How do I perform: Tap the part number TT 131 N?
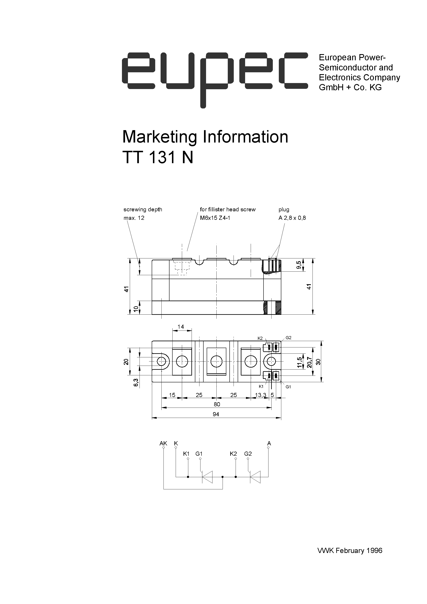tap(158, 158)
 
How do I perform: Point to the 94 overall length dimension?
tap(216, 414)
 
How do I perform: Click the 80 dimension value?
tap(217, 404)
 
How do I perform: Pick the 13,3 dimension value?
tap(260, 395)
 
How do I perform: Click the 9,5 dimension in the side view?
tap(298, 265)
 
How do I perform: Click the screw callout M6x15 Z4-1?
tap(215, 218)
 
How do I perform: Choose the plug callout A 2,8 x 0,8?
tap(292, 218)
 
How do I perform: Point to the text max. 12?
tap(134, 218)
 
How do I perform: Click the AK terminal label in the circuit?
tap(163, 443)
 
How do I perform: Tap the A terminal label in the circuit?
tap(269, 443)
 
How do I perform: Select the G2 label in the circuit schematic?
tap(248, 454)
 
